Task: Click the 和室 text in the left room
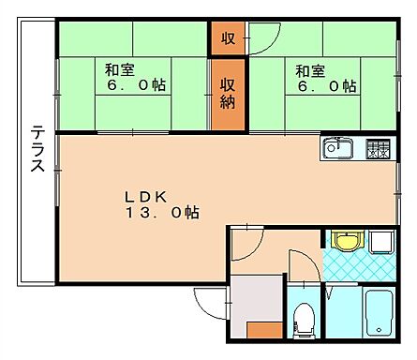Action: pyautogui.click(x=117, y=68)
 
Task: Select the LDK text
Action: pyautogui.click(x=146, y=197)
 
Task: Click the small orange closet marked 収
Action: pyautogui.click(x=228, y=38)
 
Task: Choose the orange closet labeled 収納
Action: pyautogui.click(x=228, y=93)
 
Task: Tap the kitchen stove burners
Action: pyautogui.click(x=378, y=148)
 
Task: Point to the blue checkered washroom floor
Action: pyautogui.click(x=361, y=268)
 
